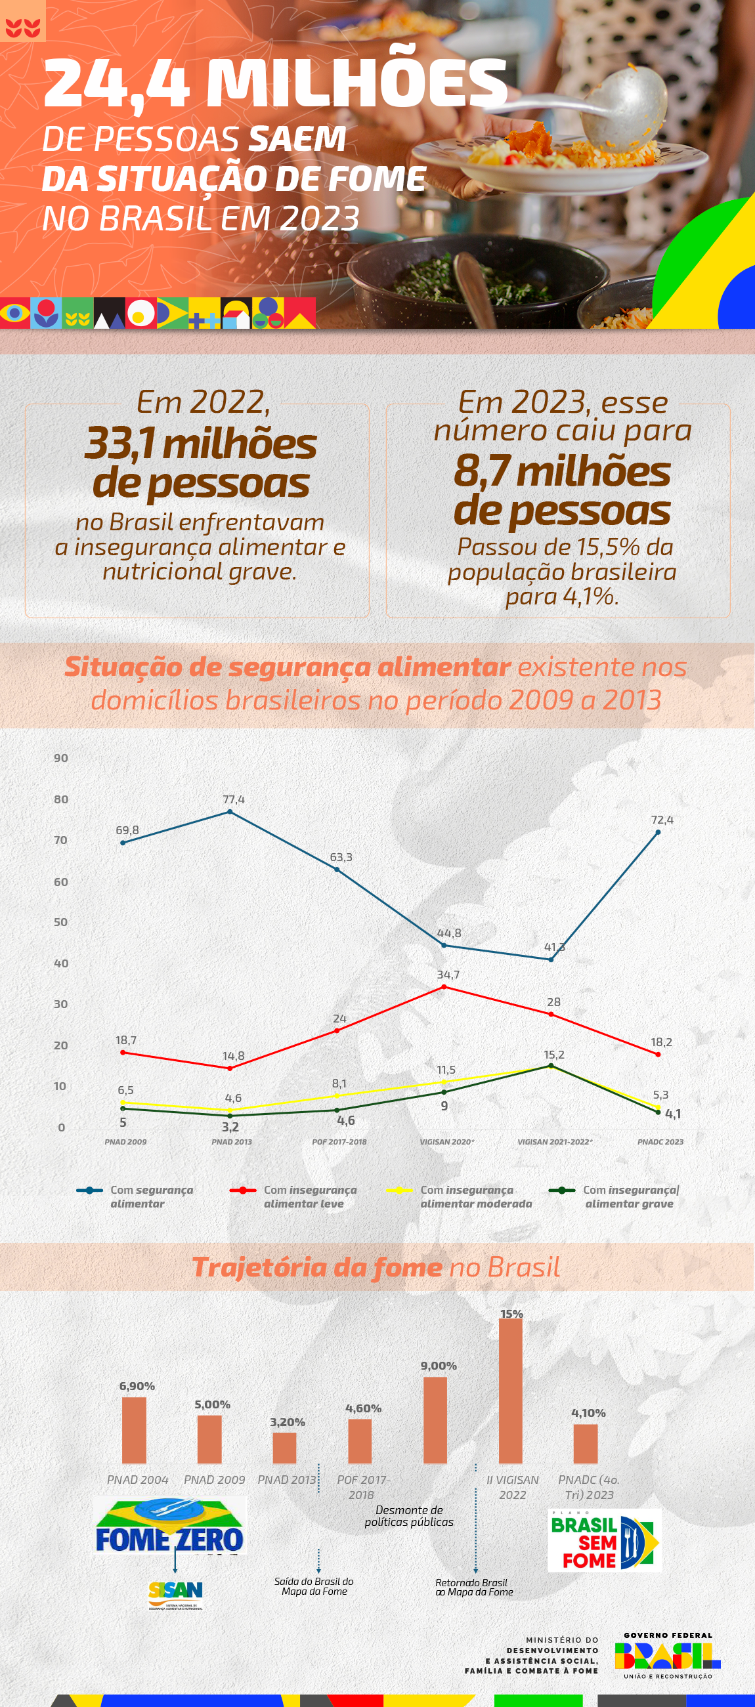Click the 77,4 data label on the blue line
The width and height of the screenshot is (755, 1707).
coord(233,799)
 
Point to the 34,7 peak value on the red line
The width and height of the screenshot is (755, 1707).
coord(448,974)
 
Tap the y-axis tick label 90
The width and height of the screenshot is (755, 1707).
coord(61,758)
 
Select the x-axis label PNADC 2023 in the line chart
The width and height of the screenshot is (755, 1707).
coord(660,1142)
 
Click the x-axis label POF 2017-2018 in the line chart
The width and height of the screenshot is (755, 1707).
coord(339,1142)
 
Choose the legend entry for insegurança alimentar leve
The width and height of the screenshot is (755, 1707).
coord(294,1196)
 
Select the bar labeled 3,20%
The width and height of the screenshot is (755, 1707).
coord(284,1447)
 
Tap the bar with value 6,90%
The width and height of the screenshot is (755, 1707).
coord(134,1429)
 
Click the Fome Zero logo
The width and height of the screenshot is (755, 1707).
coord(169,1526)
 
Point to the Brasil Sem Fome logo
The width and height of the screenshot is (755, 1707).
coord(604,1540)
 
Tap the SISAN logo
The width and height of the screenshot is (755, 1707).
coord(176,1592)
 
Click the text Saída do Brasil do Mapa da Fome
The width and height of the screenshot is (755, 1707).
coord(314,1586)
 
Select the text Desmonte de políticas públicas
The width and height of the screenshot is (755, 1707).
coord(409,1516)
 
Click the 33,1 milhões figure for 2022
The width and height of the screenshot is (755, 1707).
coord(200,444)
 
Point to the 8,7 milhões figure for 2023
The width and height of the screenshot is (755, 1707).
coord(562,472)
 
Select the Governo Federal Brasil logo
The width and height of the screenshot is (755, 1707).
coord(668,1654)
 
